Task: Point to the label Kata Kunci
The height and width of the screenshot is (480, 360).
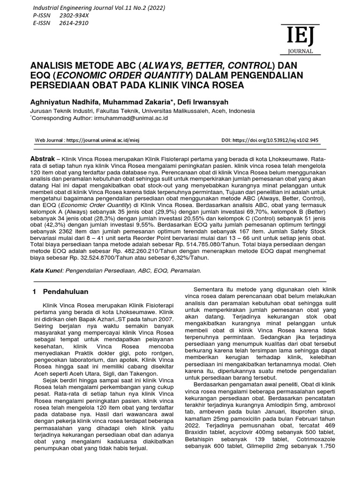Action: [46, 270]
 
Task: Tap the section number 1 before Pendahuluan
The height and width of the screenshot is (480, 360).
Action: [34, 292]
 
